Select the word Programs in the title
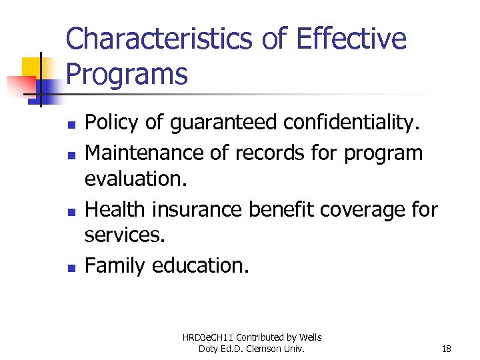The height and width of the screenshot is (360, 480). [x=127, y=75]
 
